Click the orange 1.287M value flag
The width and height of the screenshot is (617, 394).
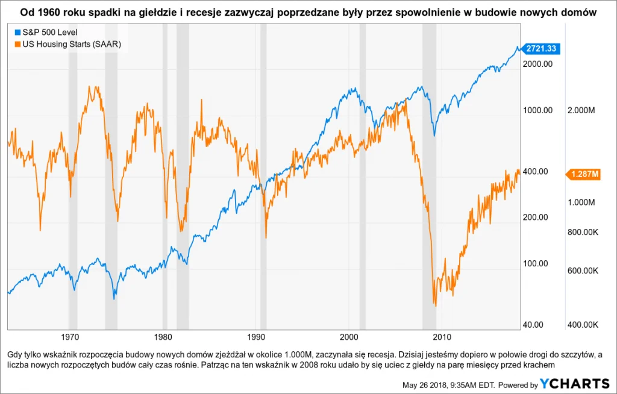pyautogui.click(x=583, y=174)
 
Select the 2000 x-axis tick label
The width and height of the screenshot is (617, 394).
pyautogui.click(x=350, y=336)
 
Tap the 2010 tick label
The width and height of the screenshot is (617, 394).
pyautogui.click(x=443, y=336)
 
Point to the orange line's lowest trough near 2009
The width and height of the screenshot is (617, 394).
pyautogui.click(x=434, y=304)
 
